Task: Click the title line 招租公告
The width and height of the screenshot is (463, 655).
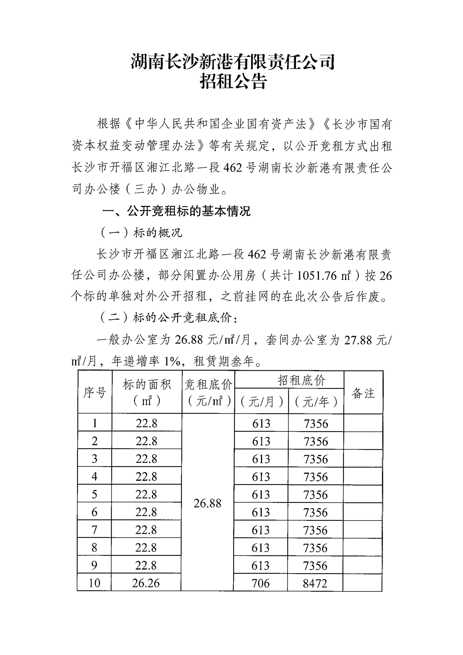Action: (233, 81)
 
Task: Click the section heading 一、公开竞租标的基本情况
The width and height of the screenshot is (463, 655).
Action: (176, 211)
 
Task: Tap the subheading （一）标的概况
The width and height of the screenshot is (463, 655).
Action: (141, 233)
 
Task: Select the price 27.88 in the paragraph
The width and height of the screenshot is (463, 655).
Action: (358, 340)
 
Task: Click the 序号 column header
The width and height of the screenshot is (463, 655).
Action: (95, 393)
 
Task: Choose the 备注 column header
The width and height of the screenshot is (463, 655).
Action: (363, 393)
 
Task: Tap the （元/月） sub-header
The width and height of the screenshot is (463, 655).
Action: (261, 402)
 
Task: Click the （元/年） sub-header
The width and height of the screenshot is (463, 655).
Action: (316, 402)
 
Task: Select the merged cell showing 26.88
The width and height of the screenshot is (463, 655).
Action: (207, 504)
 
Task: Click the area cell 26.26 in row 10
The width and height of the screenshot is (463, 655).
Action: (146, 583)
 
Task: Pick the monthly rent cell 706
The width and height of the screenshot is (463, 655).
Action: (260, 583)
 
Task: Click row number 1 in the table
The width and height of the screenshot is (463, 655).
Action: (95, 423)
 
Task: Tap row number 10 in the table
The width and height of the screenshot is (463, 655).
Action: (94, 583)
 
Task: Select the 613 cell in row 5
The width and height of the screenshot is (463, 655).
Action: (261, 494)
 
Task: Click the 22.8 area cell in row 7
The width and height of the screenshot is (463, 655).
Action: (146, 530)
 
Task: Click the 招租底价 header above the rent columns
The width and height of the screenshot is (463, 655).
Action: (302, 380)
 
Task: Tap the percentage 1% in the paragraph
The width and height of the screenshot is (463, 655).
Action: (172, 362)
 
